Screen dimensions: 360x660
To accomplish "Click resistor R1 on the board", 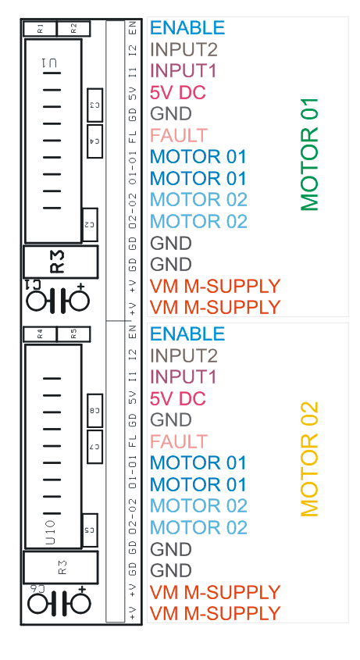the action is pyautogui.click(x=40, y=29).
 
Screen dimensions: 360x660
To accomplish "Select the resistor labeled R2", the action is pyautogui.click(x=73, y=29).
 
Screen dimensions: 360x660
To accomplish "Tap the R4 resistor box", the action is pyautogui.click(x=40, y=334).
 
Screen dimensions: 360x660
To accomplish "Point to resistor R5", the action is pyautogui.click(x=73, y=334).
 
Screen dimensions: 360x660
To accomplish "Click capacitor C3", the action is pyautogui.click(x=94, y=105).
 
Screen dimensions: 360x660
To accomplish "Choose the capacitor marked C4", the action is pyautogui.click(x=94, y=141).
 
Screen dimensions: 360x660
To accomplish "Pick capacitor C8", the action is pyautogui.click(x=94, y=410).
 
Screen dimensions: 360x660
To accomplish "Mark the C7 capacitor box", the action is pyautogui.click(x=94, y=447).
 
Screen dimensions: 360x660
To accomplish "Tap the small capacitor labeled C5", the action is pyautogui.click(x=90, y=530).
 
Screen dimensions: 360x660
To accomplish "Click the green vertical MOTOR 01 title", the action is pyautogui.click(x=309, y=155).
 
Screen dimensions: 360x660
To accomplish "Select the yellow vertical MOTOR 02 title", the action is pyautogui.click(x=309, y=459).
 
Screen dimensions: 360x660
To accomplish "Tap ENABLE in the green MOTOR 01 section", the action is pyautogui.click(x=187, y=28).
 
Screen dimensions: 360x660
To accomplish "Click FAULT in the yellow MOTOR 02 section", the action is pyautogui.click(x=179, y=441).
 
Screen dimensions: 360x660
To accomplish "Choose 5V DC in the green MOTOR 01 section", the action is pyautogui.click(x=178, y=93).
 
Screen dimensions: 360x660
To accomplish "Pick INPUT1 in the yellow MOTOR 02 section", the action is pyautogui.click(x=184, y=376).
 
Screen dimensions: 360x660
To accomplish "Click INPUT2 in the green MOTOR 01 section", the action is pyautogui.click(x=184, y=50).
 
